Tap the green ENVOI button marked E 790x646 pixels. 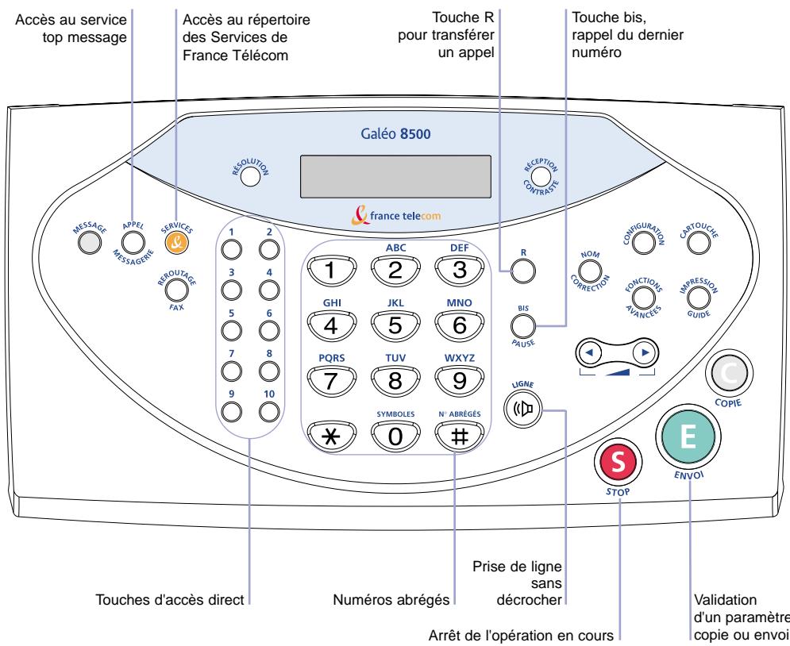pyautogui.click(x=688, y=436)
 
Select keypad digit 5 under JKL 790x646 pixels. pyautogui.click(x=395, y=325)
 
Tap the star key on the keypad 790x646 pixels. pyautogui.click(x=331, y=436)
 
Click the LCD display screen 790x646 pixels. pyautogui.click(x=395, y=176)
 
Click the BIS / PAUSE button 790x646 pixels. pyautogui.click(x=523, y=326)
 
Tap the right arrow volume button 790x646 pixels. pyautogui.click(x=645, y=353)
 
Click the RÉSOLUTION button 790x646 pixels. pyautogui.click(x=250, y=176)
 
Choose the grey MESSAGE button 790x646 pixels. pyautogui.click(x=89, y=243)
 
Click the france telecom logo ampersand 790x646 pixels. pyautogui.click(x=360, y=215)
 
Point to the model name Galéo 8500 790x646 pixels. pyautogui.click(x=395, y=133)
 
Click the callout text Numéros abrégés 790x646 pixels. pyautogui.click(x=391, y=600)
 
